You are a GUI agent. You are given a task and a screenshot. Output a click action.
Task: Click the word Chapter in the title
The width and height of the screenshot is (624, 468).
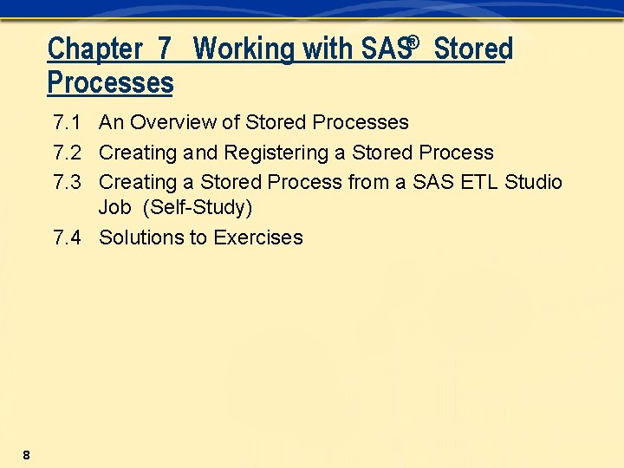93,49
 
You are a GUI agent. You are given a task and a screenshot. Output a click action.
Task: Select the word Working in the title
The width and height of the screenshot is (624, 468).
245,49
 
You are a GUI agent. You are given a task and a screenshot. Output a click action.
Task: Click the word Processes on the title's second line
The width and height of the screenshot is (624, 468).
110,83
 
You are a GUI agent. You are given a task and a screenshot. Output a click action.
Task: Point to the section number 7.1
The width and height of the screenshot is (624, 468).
67,123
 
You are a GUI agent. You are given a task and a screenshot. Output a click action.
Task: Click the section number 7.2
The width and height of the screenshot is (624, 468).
67,153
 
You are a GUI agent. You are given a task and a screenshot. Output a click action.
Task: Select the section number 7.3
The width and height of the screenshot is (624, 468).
67,183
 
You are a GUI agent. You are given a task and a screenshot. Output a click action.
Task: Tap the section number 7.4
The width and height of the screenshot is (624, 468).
67,238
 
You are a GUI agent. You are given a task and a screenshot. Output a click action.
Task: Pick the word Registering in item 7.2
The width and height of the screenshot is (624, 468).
273,153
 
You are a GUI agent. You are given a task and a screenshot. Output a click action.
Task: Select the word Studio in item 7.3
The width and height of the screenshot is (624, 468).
533,183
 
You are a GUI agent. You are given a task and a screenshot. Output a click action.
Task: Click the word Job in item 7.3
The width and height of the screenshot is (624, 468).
114,209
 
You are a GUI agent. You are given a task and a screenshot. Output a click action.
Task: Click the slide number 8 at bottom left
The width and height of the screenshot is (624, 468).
27,455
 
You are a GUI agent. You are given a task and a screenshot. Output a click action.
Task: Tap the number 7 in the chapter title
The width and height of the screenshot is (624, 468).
165,49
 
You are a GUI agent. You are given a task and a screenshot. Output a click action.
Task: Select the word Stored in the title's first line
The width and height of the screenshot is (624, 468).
473,49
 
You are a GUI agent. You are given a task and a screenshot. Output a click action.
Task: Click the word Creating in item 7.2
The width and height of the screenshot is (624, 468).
138,153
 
